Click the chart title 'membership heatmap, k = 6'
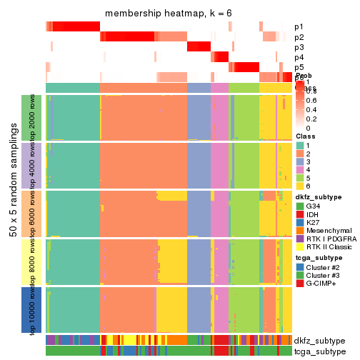tap(169, 14)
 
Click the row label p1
tap(298, 26)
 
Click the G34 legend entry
tap(315, 206)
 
